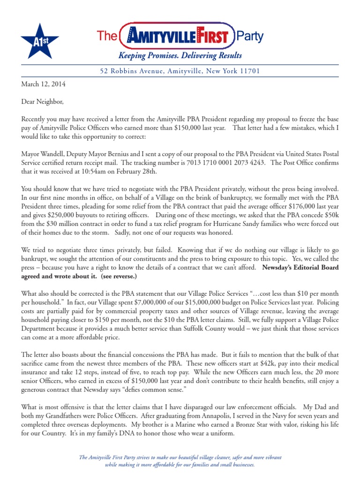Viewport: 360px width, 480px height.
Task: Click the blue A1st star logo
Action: click(39, 41)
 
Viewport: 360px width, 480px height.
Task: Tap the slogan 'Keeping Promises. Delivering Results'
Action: click(180, 56)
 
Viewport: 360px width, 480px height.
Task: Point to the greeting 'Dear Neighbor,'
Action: click(42, 101)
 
